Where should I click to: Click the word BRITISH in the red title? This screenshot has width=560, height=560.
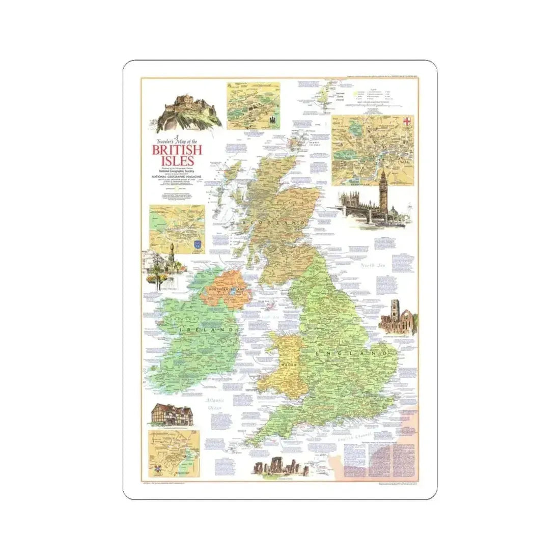[x=173, y=150]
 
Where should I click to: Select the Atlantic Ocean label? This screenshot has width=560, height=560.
[x=214, y=404]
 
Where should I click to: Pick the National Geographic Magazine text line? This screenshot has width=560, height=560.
[x=173, y=177]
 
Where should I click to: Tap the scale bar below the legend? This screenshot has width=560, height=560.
[x=382, y=105]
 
